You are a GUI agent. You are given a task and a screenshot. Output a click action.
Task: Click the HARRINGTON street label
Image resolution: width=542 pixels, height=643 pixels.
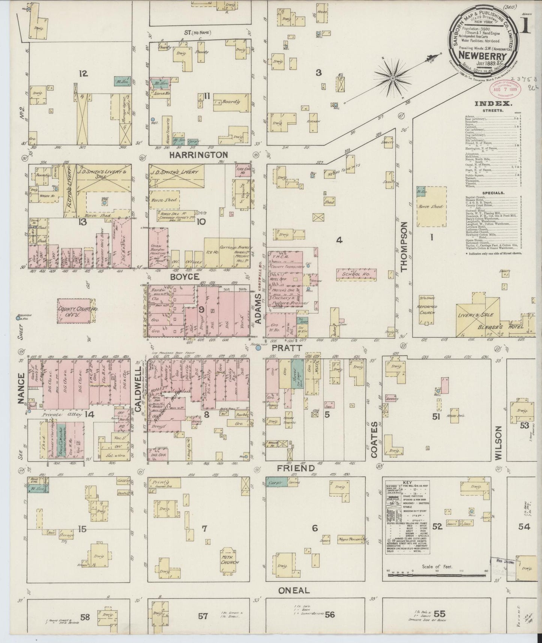[x=198, y=155]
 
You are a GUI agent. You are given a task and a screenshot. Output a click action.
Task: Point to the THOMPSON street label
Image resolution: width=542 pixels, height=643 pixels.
[x=404, y=246]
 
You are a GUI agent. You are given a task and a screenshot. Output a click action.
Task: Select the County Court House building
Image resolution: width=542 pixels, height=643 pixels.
[x=74, y=310]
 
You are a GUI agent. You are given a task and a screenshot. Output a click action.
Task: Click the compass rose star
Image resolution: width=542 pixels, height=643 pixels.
[x=392, y=78]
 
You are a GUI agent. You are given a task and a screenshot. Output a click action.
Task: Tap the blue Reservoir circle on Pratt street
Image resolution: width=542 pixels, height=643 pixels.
[x=258, y=348]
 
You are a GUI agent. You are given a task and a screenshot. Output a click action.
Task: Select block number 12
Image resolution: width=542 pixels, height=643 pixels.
[x=83, y=74]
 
